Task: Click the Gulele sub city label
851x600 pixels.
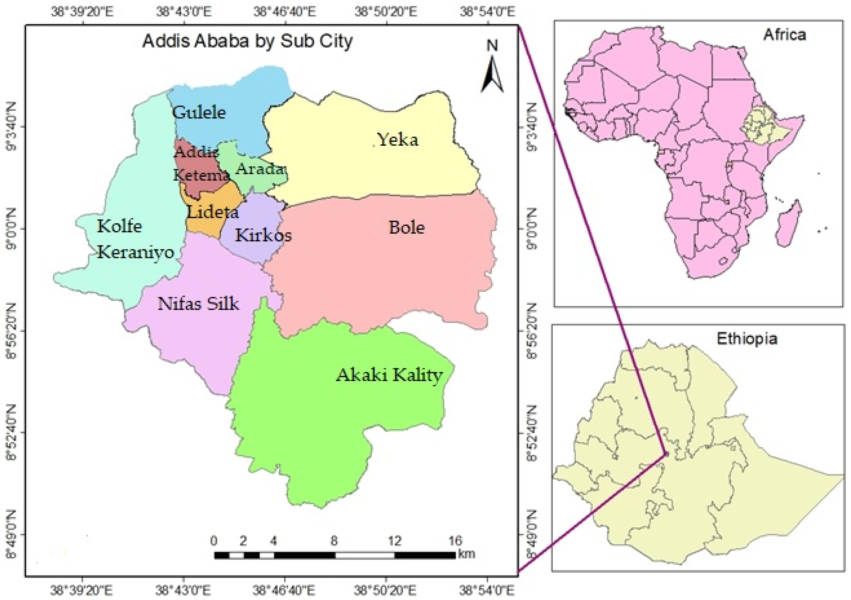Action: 199,112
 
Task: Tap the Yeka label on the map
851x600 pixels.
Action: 398,140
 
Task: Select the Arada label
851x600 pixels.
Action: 260,169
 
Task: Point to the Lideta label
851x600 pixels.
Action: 212,212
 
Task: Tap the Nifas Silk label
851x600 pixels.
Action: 198,304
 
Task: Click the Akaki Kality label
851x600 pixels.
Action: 389,375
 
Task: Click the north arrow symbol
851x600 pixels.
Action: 492,74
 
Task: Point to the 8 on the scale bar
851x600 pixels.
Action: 334,541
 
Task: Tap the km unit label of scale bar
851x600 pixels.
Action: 466,554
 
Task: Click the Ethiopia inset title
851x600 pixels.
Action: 747,339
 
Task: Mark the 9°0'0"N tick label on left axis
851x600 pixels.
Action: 11,229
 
